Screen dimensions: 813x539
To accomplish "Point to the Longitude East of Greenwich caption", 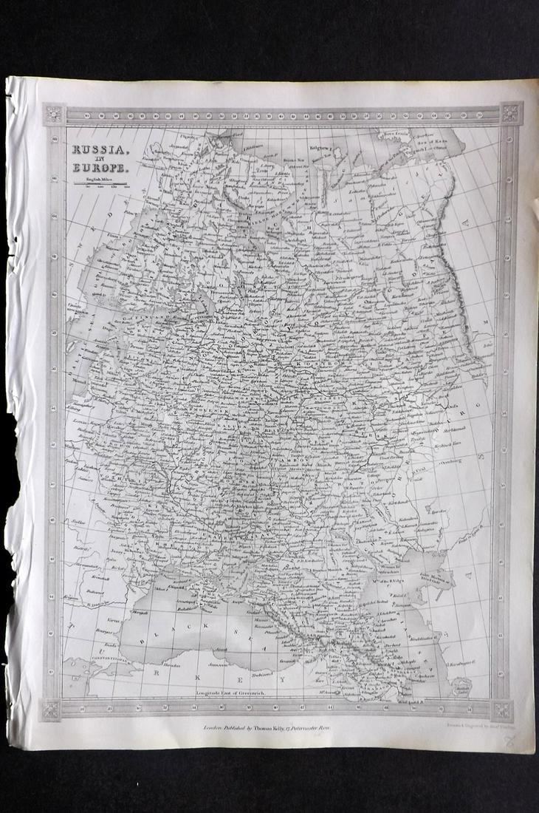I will click(x=238, y=692).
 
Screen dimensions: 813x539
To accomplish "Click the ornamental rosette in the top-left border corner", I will click(x=54, y=115).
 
